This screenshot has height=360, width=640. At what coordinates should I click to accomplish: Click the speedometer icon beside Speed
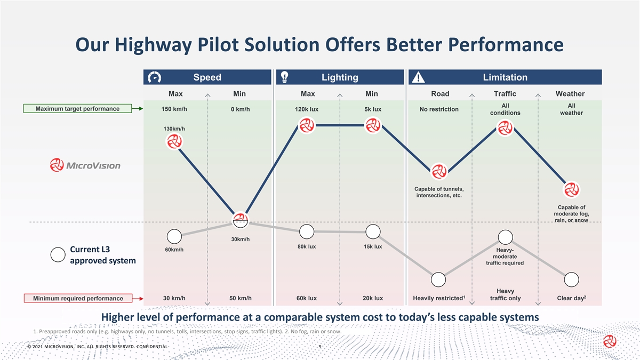click(x=155, y=77)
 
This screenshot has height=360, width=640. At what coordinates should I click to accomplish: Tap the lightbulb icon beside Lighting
click(x=285, y=77)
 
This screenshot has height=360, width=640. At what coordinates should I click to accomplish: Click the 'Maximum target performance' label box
click(x=77, y=109)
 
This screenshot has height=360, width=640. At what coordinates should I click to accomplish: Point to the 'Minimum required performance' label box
click(x=78, y=298)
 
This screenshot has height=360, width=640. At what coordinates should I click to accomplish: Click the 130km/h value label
click(x=174, y=129)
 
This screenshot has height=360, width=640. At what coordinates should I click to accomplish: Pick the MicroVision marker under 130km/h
click(x=174, y=142)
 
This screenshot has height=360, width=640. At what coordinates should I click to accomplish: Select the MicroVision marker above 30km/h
click(x=241, y=220)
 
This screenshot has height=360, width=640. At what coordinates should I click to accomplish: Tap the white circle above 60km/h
click(x=174, y=236)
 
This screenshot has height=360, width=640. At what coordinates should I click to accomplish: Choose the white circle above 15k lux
click(x=373, y=232)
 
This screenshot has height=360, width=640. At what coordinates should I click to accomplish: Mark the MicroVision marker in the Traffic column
click(x=505, y=128)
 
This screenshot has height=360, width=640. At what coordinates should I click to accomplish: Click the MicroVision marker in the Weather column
click(x=571, y=190)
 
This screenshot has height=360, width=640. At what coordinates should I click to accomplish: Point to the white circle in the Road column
click(x=438, y=279)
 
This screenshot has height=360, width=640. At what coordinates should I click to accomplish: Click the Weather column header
click(x=570, y=94)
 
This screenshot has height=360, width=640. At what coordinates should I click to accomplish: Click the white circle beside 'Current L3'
click(x=58, y=255)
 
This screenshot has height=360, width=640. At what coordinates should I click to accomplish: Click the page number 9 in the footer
click(x=319, y=347)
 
